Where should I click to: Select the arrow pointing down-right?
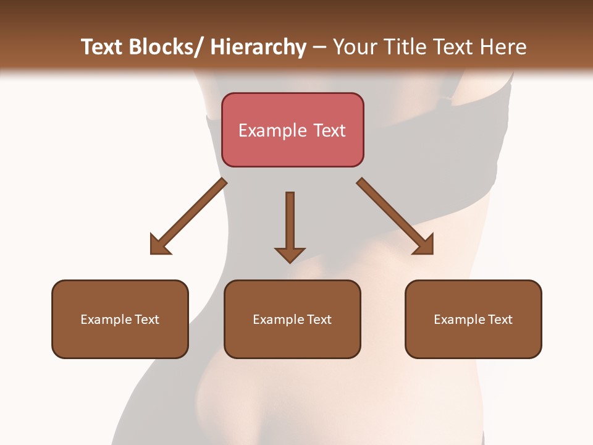click(395, 216)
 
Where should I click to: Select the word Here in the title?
click(503, 47)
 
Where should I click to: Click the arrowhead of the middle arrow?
click(290, 254)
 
